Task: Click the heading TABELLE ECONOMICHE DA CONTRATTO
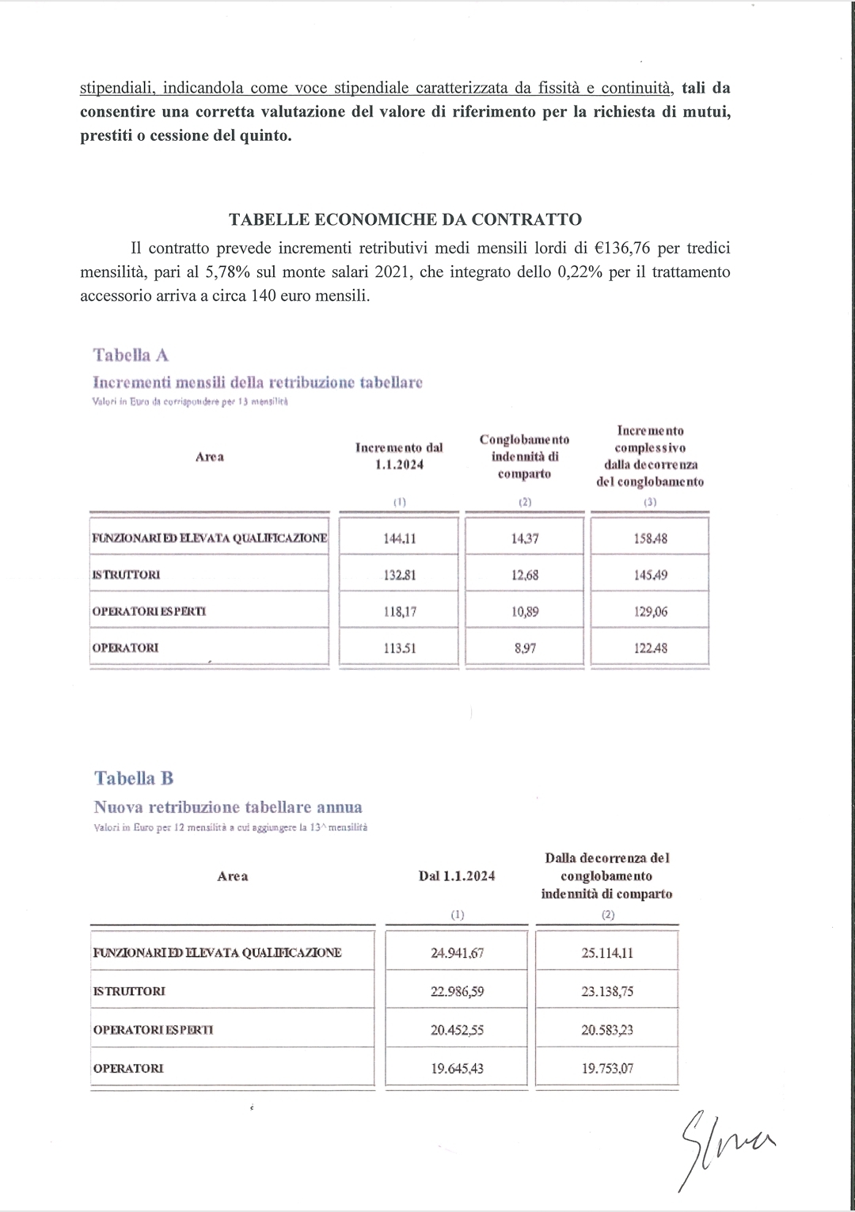pyautogui.click(x=405, y=219)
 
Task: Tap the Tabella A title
pyautogui.click(x=131, y=355)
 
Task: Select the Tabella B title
pyautogui.click(x=134, y=778)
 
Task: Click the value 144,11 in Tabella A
pyautogui.click(x=399, y=538)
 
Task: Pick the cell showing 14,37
pyautogui.click(x=524, y=538)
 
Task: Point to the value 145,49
pyautogui.click(x=650, y=575)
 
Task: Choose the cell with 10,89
pyautogui.click(x=524, y=611)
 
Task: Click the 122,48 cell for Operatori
pyautogui.click(x=650, y=648)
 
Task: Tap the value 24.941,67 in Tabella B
pyautogui.click(x=457, y=952)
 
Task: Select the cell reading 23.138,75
pyautogui.click(x=607, y=991)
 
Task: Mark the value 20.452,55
pyautogui.click(x=457, y=1030)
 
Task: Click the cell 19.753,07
pyautogui.click(x=607, y=1068)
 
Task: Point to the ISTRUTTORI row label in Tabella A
pyautogui.click(x=126, y=575)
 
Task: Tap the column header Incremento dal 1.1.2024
pyautogui.click(x=399, y=456)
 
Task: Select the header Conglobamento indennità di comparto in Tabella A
pyautogui.click(x=524, y=456)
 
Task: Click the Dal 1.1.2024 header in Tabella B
pyautogui.click(x=457, y=876)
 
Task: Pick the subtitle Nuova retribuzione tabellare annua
pyautogui.click(x=228, y=807)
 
